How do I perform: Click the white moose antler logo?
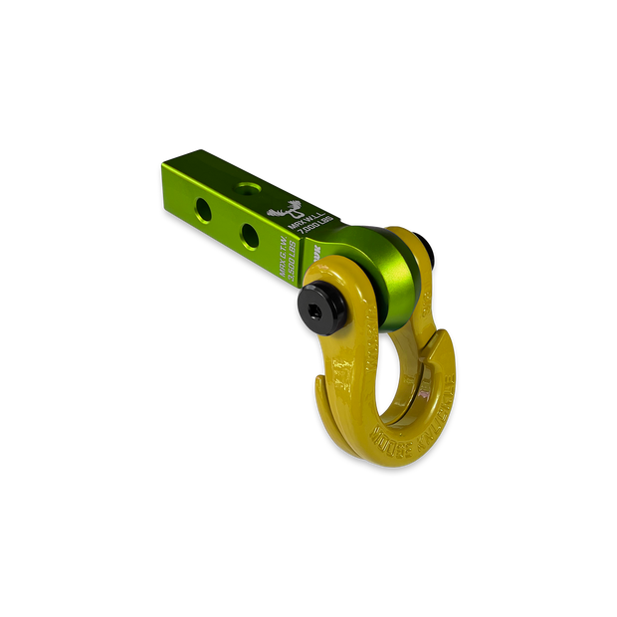[x=292, y=210]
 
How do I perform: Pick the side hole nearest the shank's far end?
[x=204, y=208]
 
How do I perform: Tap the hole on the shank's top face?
[x=245, y=184]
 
